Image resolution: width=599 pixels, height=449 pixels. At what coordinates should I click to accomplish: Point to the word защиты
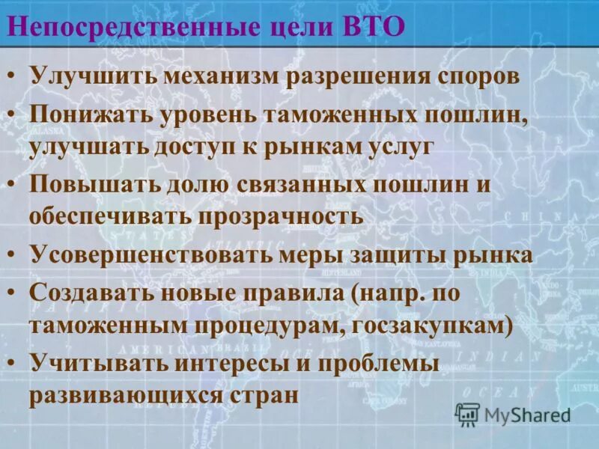(390, 254)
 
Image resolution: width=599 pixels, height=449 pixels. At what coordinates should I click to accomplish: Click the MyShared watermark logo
(514, 413)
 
